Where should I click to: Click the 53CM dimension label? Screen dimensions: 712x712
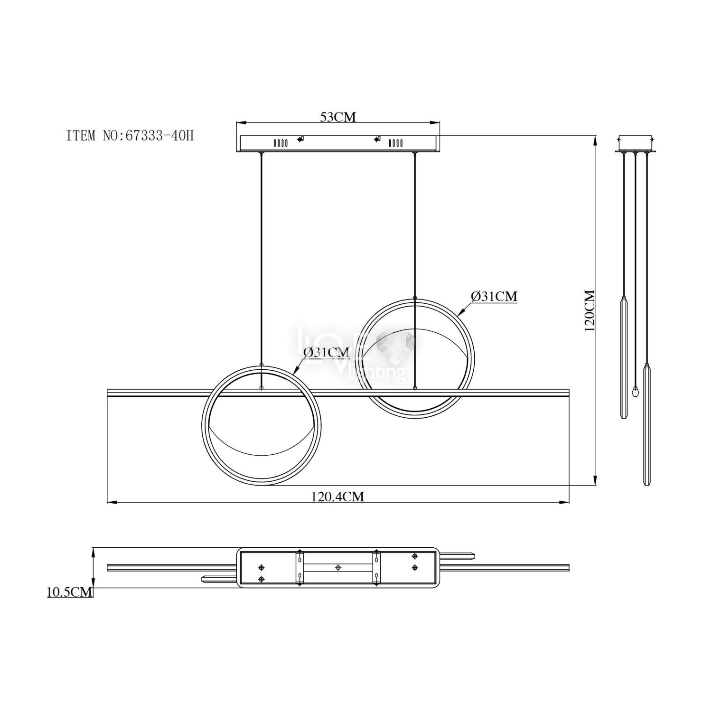click(x=338, y=116)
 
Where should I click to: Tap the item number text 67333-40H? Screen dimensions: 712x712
click(x=159, y=136)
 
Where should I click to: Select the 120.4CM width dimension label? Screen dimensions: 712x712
click(x=338, y=497)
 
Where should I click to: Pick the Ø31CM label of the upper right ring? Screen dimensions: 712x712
click(x=494, y=296)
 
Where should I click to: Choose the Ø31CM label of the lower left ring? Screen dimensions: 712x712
click(x=326, y=352)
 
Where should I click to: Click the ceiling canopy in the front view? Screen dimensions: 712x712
click(x=338, y=144)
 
